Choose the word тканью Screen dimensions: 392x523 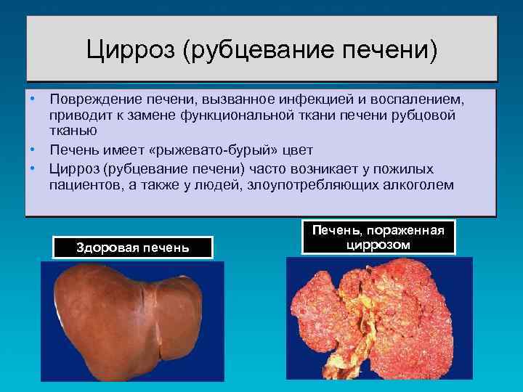[x=70, y=131]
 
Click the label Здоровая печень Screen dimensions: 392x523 [x=133, y=248]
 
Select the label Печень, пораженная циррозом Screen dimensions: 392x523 [x=378, y=237]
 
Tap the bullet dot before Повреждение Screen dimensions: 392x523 [x=33, y=97]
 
